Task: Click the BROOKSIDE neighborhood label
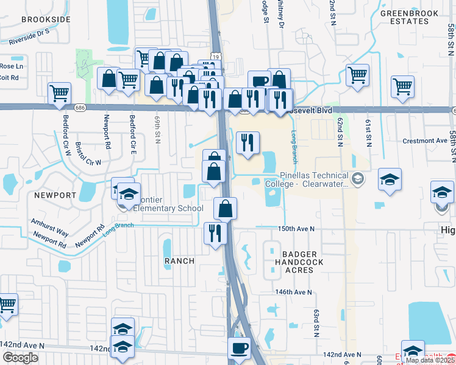pos(46,19)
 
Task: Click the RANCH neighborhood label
pos(180,260)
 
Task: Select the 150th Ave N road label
pos(296,229)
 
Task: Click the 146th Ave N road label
pos(293,292)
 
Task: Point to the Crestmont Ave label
pos(426,141)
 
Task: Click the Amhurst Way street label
pos(49,228)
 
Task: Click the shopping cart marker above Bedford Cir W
pos(60,94)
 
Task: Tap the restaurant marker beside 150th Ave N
pos(215,232)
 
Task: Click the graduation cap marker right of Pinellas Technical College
pos(390,179)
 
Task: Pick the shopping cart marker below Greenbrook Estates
pos(357,75)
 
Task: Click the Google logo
pos(20,358)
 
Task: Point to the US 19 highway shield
pos(217,56)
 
